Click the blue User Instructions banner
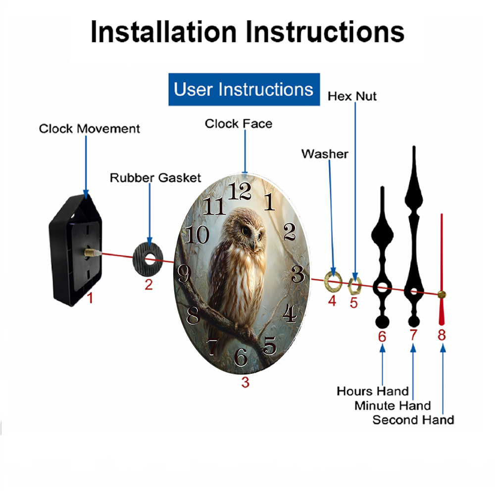(x=244, y=89)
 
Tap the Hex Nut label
(x=352, y=97)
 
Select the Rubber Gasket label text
(x=155, y=178)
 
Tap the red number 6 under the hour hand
(x=382, y=337)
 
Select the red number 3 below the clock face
(x=246, y=382)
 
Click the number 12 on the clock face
(x=240, y=191)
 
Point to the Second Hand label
(x=413, y=420)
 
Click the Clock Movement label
(x=89, y=129)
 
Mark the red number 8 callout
(x=442, y=335)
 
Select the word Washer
(x=325, y=154)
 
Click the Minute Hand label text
(x=393, y=406)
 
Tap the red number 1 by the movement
(x=90, y=297)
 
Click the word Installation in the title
(x=163, y=32)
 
